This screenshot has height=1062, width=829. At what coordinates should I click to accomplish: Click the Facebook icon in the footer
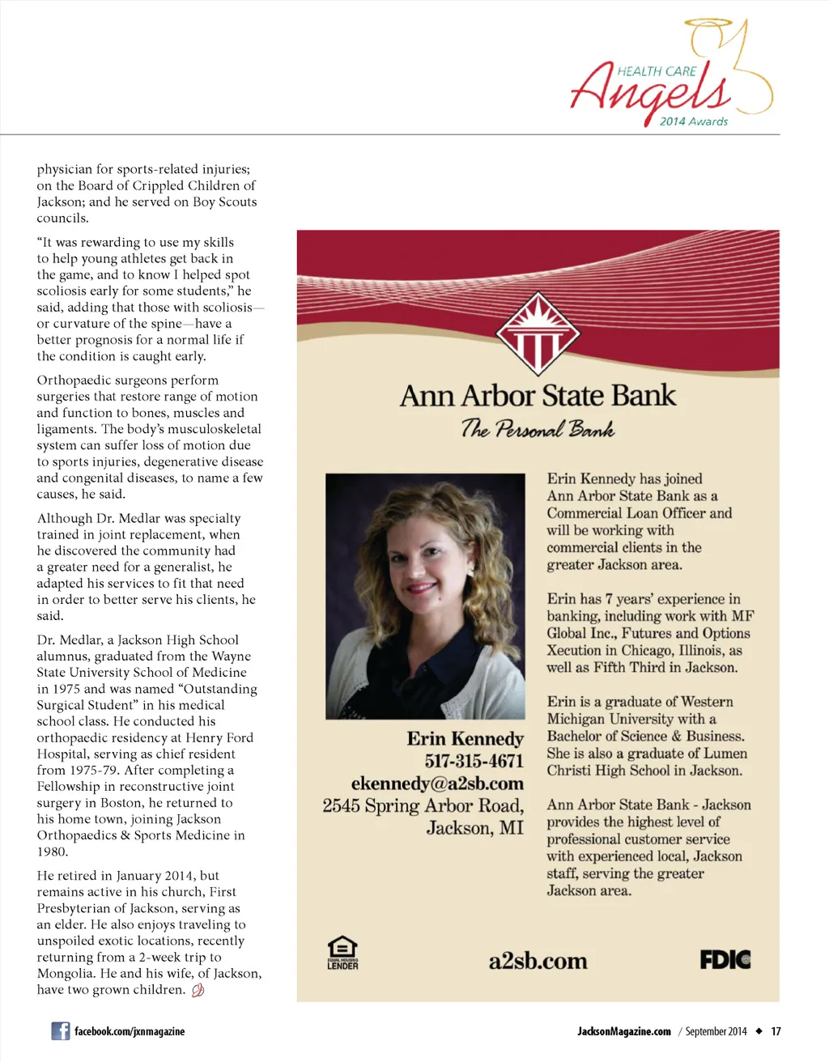(60, 1030)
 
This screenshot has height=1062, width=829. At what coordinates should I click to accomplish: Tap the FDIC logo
(725, 960)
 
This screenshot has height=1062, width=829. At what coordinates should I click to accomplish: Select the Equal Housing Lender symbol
(342, 953)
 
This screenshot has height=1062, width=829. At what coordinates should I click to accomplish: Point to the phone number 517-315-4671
(474, 761)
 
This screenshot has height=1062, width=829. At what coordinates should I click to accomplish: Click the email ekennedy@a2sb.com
(437, 784)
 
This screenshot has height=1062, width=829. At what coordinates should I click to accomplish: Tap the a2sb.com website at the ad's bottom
(538, 962)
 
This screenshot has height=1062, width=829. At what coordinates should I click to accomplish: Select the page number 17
(776, 1031)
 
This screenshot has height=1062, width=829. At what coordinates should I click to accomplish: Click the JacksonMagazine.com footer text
(623, 1031)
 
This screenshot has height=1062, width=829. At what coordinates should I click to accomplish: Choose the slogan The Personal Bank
(538, 428)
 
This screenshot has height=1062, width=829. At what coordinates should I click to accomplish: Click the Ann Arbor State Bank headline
(538, 396)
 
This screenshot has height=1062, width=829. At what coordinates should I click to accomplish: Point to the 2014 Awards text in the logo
(693, 121)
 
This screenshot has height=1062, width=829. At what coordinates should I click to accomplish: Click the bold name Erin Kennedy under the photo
(465, 738)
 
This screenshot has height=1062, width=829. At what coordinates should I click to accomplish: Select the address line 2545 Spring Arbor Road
(423, 805)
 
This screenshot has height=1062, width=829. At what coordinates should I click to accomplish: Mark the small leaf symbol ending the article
(198, 990)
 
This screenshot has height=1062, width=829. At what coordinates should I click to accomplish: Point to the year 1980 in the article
(52, 852)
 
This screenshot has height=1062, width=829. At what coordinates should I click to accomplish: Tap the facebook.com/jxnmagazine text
(130, 1031)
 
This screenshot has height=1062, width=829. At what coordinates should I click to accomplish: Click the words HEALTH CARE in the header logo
(657, 71)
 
